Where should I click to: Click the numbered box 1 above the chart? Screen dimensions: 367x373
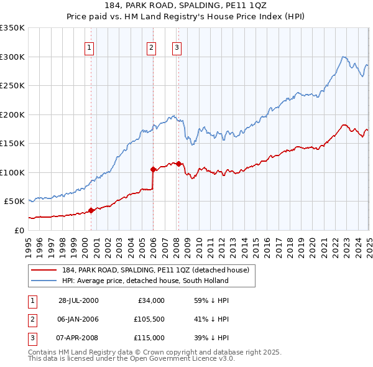89,47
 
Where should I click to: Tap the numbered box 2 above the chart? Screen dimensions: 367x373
151,47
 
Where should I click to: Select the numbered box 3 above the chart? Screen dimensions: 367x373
177,47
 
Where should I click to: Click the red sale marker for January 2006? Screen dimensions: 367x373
153,169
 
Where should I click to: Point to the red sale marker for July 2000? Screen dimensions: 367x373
91,210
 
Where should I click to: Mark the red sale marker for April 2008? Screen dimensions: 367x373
178,164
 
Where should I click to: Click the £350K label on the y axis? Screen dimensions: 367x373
12,28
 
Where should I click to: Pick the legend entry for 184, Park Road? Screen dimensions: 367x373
155,270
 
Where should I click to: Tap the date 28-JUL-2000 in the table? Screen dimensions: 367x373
78,300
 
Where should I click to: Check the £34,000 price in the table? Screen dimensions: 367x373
151,300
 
